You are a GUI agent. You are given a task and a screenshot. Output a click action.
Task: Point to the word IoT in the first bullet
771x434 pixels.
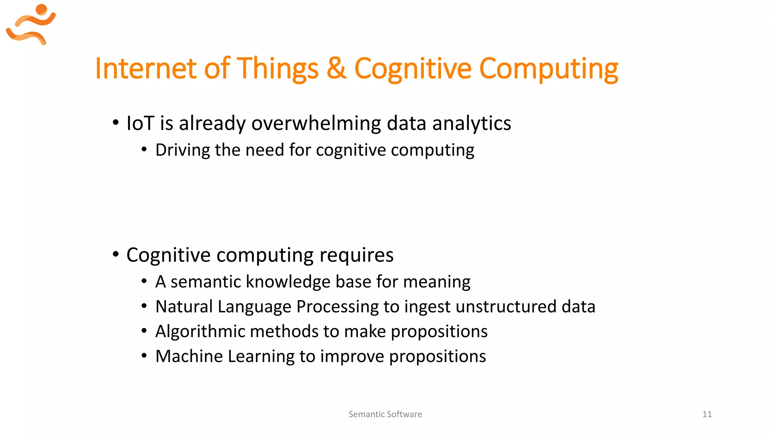point(140,123)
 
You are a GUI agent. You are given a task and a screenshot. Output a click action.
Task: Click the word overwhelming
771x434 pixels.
point(316,123)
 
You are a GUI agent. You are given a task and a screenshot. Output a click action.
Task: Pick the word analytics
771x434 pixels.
point(471,123)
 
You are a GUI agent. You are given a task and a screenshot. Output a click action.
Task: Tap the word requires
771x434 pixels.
point(357,255)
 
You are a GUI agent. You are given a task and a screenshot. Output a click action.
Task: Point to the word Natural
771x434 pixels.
point(184,307)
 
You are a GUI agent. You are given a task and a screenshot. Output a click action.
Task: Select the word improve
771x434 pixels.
point(352,356)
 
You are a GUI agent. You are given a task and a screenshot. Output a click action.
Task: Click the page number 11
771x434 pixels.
point(707,414)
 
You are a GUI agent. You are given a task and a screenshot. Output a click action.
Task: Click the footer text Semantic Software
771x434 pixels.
point(385,414)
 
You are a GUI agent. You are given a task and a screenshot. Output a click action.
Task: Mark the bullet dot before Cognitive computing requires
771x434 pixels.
point(116,254)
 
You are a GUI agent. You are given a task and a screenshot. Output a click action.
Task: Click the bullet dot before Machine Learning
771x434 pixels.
point(144,356)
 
